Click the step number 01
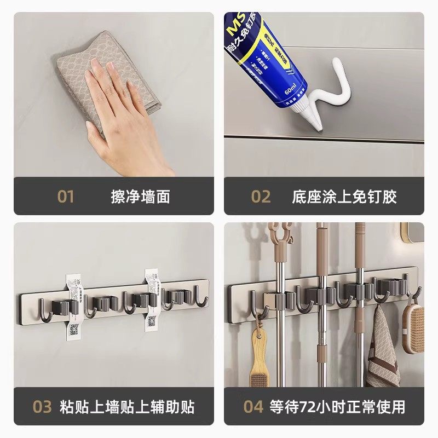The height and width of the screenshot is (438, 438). point(65,197)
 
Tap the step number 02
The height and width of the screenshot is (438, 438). point(261,197)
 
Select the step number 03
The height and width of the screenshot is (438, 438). point(42,407)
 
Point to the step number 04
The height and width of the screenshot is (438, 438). point(253,407)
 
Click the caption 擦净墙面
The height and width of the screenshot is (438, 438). point(140,197)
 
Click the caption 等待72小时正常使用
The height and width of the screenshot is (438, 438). point(337,407)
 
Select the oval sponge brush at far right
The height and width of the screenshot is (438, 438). point(413,328)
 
